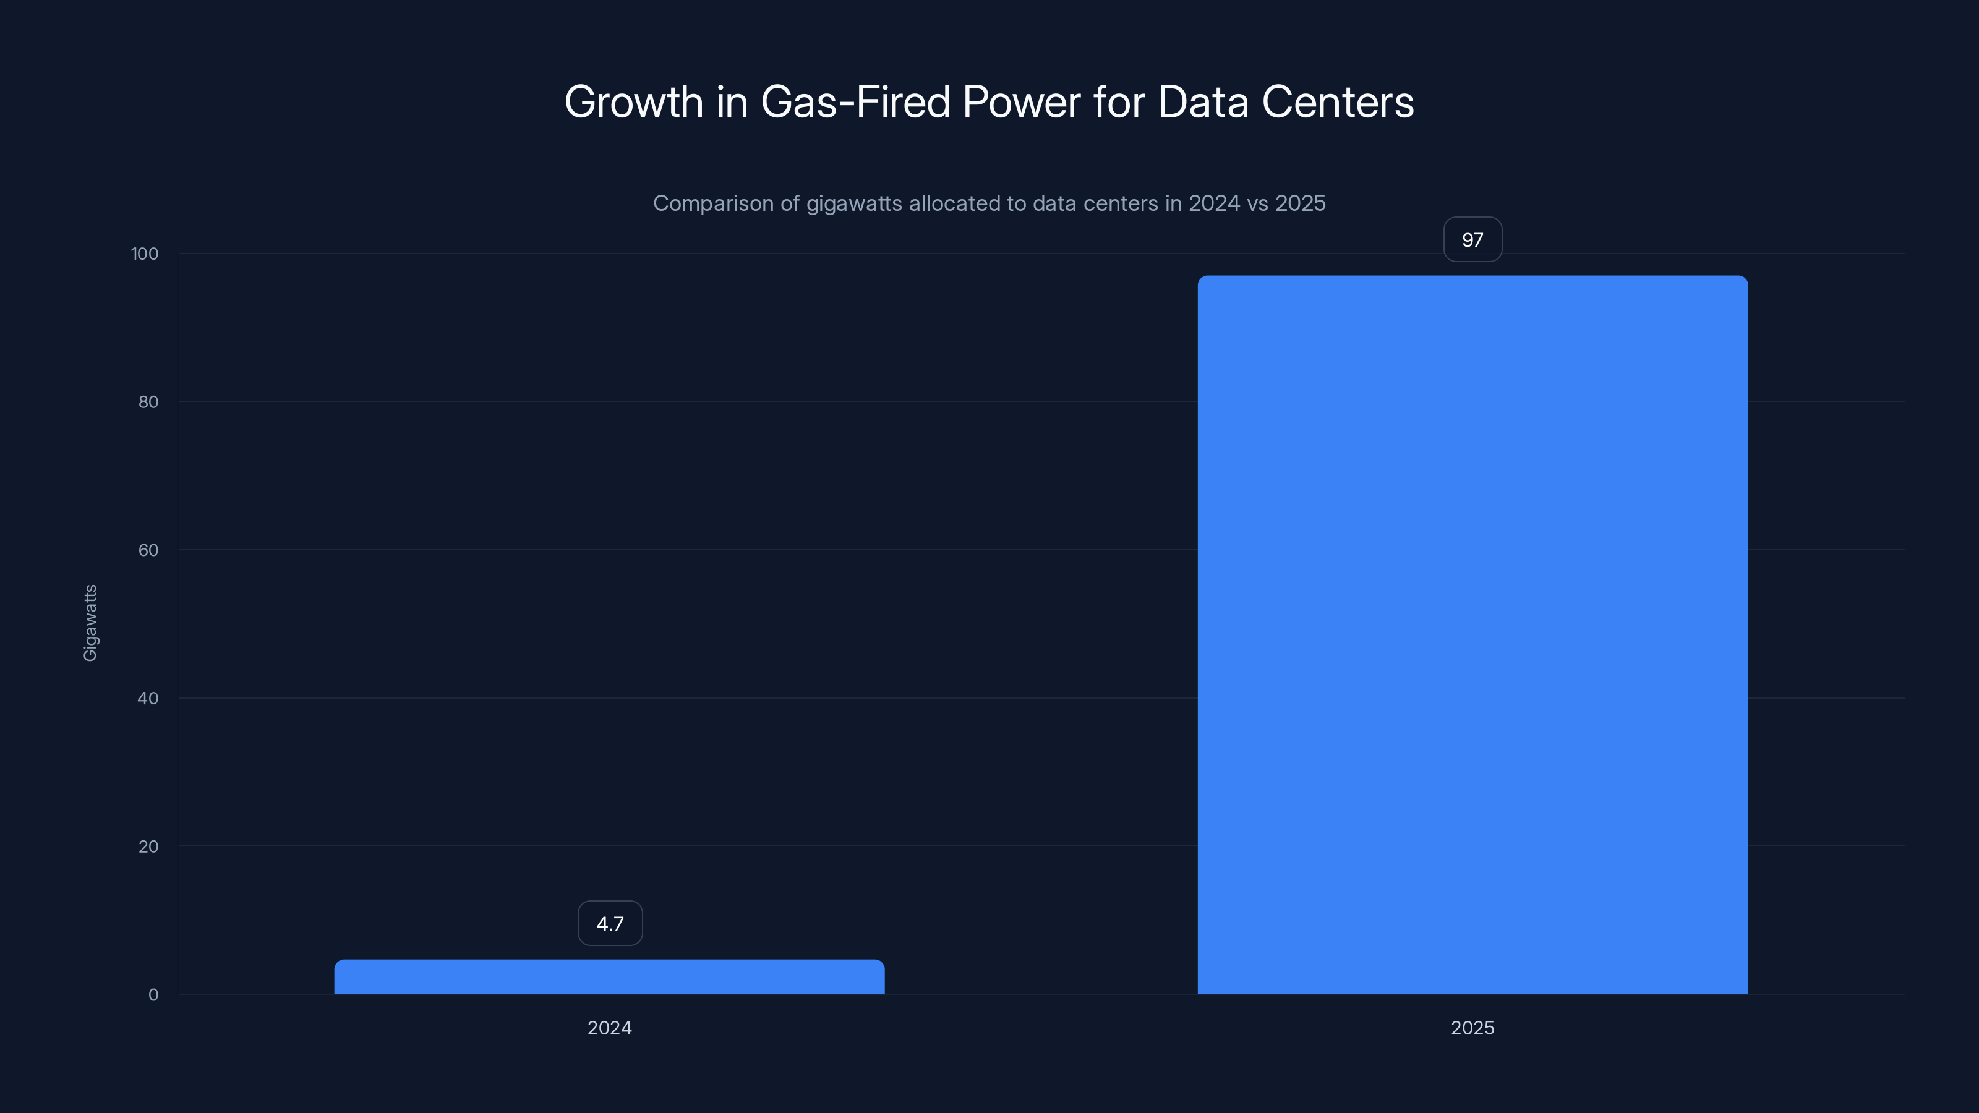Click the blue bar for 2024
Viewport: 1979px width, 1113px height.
609,976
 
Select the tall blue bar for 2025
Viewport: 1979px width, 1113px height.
1472,634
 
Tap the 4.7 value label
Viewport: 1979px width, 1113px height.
610,923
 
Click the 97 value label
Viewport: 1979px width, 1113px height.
1472,240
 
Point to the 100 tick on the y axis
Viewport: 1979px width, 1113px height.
145,254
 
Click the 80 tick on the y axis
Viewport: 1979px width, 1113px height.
148,402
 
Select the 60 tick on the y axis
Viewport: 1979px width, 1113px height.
148,550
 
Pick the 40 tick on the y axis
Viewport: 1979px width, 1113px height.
148,698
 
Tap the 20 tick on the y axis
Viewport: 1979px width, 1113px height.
148,846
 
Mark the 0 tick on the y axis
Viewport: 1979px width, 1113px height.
153,995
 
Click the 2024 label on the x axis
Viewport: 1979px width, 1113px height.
609,1028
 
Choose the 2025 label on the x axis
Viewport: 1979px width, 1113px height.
1472,1028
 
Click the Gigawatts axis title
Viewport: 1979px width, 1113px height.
90,622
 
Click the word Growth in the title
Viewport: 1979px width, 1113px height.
634,101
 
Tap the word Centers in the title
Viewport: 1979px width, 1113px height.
1338,101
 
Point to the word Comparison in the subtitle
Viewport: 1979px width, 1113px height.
713,203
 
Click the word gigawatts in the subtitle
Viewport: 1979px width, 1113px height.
853,203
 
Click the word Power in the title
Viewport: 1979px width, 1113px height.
1021,101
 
